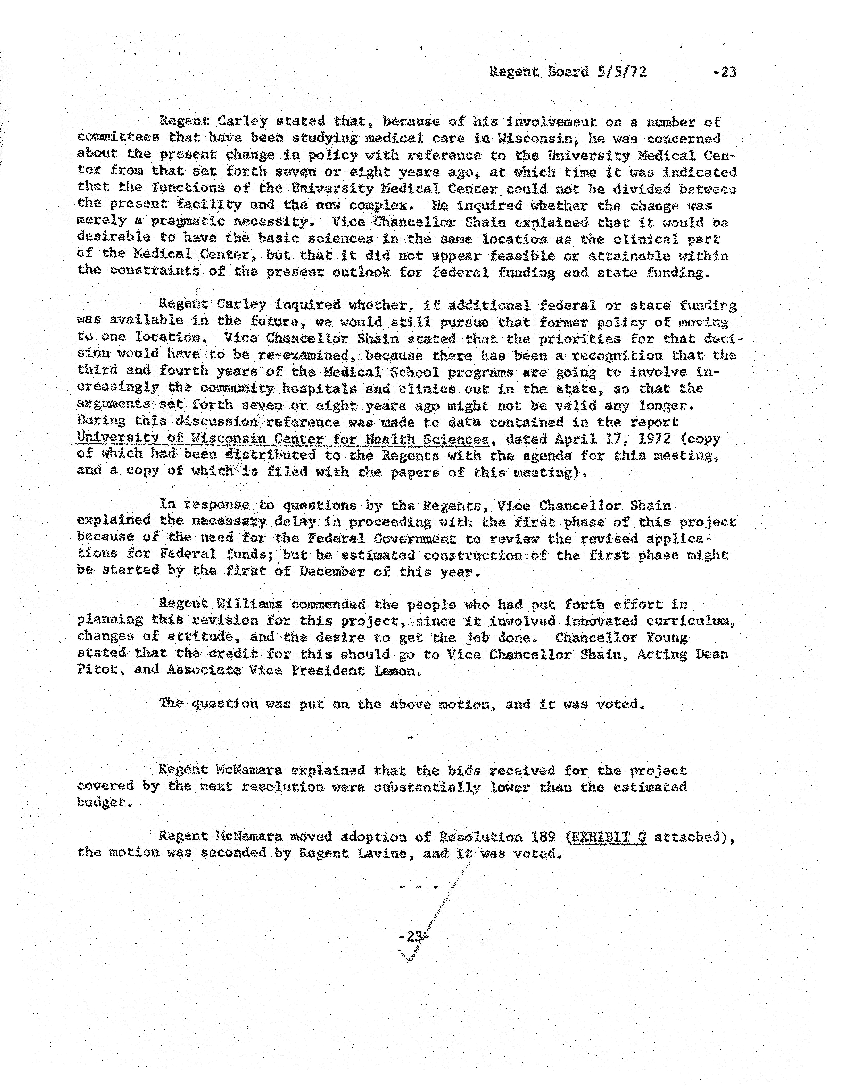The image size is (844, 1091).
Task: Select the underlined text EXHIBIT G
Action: pos(608,836)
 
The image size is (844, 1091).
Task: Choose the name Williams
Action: pos(249,604)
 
